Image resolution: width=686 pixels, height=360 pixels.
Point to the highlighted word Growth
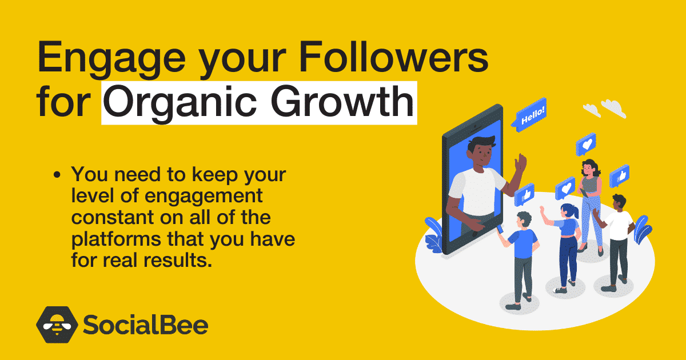342,101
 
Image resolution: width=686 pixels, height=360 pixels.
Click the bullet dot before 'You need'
57,175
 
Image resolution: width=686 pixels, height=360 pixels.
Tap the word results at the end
178,260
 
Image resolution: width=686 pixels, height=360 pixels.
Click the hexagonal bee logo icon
57,325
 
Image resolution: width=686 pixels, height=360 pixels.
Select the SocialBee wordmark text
145,325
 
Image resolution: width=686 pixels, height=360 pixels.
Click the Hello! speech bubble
529,115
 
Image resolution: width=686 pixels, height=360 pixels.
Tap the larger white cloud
614,109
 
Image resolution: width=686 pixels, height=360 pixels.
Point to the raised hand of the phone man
520,163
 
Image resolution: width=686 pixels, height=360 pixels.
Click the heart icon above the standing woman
586,145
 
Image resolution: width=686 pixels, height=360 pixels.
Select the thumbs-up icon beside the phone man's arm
524,195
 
